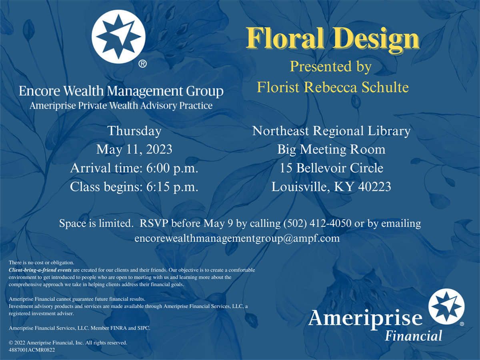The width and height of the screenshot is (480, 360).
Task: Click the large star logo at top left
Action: click(x=118, y=37)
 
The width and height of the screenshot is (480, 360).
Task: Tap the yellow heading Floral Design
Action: click(x=333, y=39)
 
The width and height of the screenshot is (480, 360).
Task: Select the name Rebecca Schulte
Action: click(x=356, y=87)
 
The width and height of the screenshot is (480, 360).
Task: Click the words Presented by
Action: click(x=331, y=67)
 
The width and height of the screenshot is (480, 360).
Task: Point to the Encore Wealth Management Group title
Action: click(x=121, y=91)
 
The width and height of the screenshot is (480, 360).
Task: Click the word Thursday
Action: click(x=134, y=131)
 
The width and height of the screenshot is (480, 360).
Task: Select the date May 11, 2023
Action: click(x=134, y=150)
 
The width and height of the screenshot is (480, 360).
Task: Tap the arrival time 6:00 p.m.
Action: click(x=172, y=168)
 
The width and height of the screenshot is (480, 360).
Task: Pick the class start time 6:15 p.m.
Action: click(x=172, y=187)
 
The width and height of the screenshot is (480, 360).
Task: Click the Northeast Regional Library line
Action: click(x=331, y=131)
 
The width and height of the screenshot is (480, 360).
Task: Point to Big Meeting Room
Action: click(x=331, y=150)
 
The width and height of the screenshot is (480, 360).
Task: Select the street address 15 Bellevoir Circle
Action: click(x=332, y=168)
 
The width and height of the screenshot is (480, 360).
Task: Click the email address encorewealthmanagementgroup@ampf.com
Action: click(x=237, y=238)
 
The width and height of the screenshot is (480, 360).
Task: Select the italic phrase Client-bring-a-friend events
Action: click(x=40, y=270)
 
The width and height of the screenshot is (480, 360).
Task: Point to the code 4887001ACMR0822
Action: click(x=32, y=350)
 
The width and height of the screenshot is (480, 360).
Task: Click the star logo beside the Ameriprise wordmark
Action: click(x=446, y=306)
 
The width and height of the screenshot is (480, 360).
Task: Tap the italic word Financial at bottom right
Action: click(x=413, y=336)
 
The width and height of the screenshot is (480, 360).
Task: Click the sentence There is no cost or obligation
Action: click(x=42, y=263)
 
